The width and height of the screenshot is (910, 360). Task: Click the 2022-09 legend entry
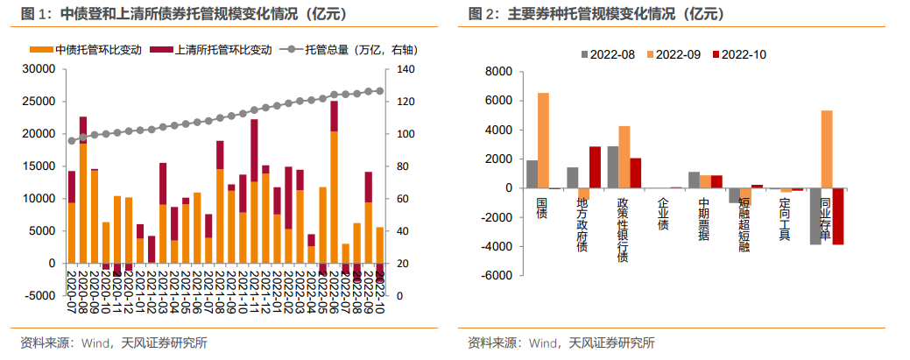coord(674,54)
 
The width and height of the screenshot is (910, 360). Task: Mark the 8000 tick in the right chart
coord(497,72)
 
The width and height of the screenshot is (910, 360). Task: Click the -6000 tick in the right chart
coord(495,276)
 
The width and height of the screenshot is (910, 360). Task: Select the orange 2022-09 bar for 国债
coord(543,140)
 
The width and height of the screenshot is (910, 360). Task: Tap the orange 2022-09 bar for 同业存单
coord(827,149)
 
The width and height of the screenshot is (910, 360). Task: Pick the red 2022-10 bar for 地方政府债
coord(595,167)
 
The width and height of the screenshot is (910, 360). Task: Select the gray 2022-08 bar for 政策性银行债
coord(613,167)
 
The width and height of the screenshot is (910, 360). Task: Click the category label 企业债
coord(663,214)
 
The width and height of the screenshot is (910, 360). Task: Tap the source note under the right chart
coord(561,342)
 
